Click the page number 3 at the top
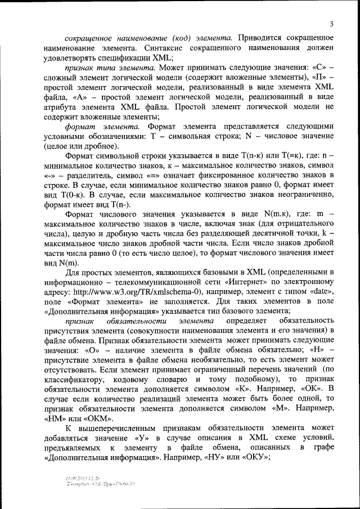click(x=332, y=23)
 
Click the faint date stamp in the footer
click(x=83, y=478)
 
